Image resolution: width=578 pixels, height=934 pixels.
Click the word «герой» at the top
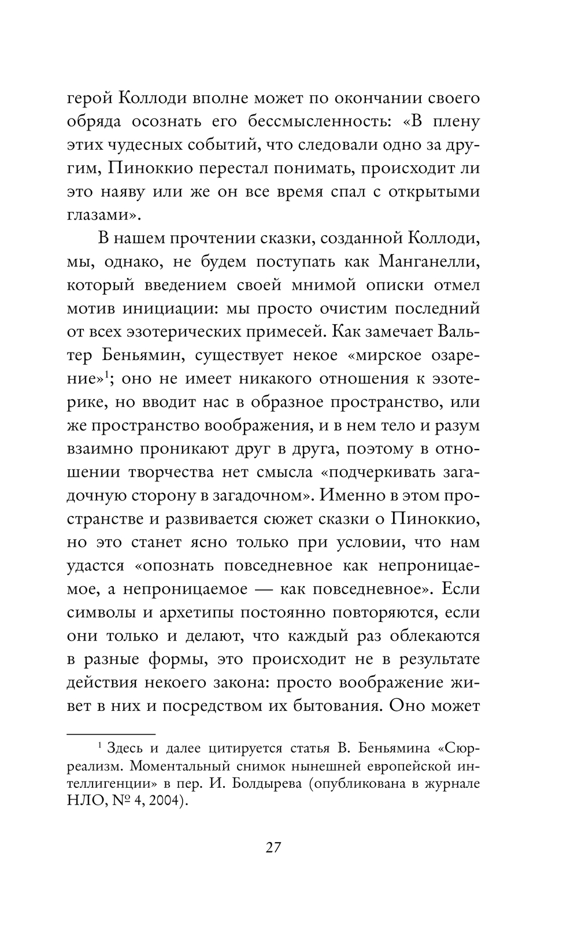tap(88, 99)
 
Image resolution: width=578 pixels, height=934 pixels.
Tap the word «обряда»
tap(95, 123)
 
